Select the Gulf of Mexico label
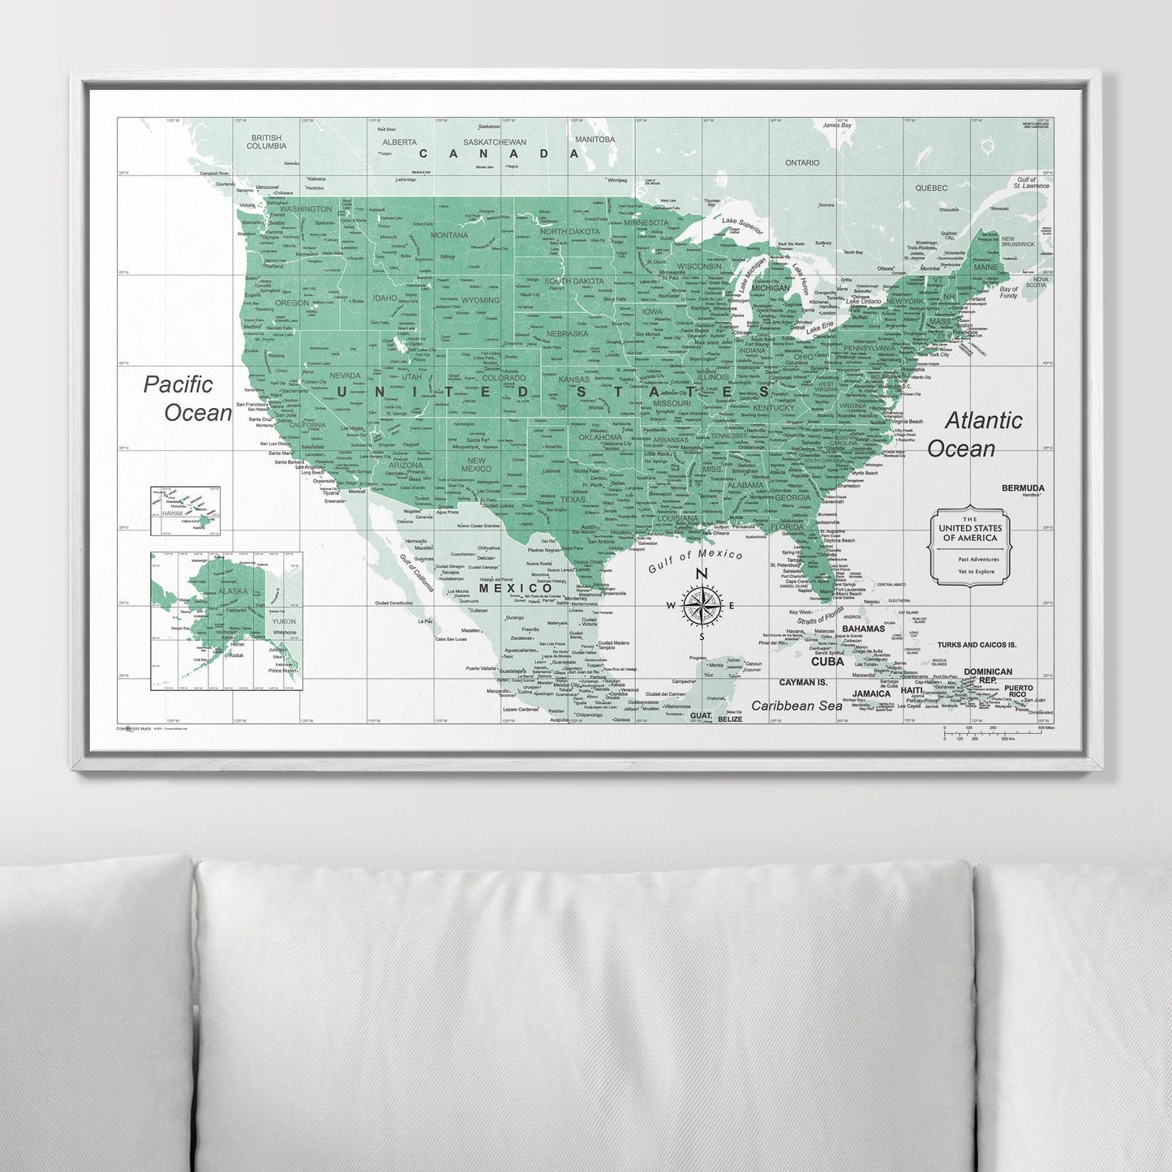(695, 560)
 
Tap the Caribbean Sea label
(796, 706)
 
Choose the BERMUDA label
(1023, 488)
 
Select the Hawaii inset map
(185, 512)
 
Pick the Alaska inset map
(225, 620)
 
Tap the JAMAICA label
(871, 694)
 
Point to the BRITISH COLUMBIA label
(267, 142)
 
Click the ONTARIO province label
(802, 163)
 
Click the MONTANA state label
(449, 235)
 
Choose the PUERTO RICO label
(1019, 692)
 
